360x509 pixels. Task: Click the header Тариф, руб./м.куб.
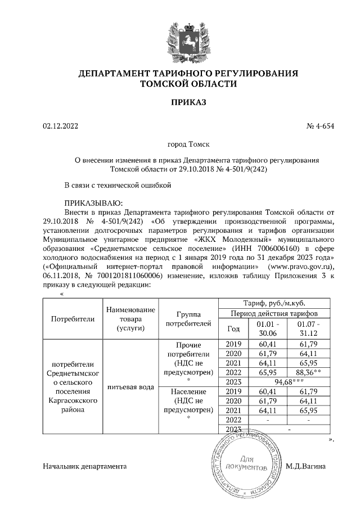274,303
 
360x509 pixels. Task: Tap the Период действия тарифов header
274,313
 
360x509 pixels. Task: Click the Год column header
233,328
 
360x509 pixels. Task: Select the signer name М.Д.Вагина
305,466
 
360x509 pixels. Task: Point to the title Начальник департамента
85,466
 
